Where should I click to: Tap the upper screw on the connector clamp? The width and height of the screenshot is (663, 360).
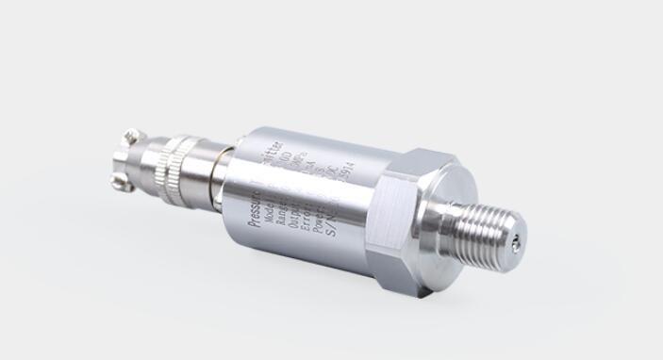[x=134, y=139]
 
